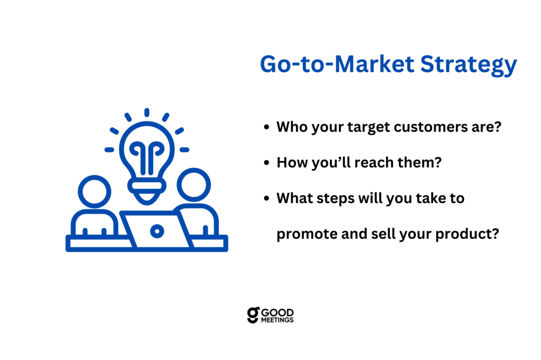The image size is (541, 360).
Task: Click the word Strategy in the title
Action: click(469, 65)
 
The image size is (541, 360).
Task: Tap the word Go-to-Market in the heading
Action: click(337, 64)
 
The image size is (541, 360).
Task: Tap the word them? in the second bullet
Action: click(419, 163)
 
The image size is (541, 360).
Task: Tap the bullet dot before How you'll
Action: click(266, 163)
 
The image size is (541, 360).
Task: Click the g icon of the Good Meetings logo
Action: click(253, 315)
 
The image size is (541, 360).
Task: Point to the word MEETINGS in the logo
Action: click(277, 320)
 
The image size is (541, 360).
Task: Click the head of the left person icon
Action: click(95, 192)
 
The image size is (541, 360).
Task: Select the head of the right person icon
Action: click(194, 185)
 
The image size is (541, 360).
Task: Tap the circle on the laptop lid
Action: click(157, 231)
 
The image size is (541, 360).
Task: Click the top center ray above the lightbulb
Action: click(147, 112)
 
